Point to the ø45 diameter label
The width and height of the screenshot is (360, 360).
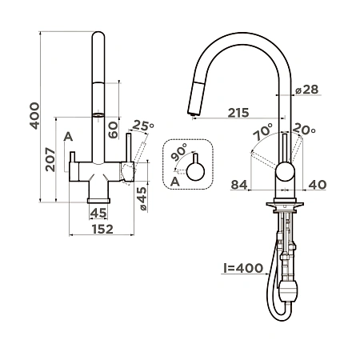click(142, 197)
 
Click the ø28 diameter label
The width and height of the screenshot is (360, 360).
click(307, 90)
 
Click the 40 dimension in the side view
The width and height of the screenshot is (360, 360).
click(316, 186)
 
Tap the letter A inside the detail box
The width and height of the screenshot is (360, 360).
click(174, 182)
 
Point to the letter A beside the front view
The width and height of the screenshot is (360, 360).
click(68, 137)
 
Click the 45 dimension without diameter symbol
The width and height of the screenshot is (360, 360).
click(98, 213)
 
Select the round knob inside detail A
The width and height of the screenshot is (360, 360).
click(194, 170)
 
